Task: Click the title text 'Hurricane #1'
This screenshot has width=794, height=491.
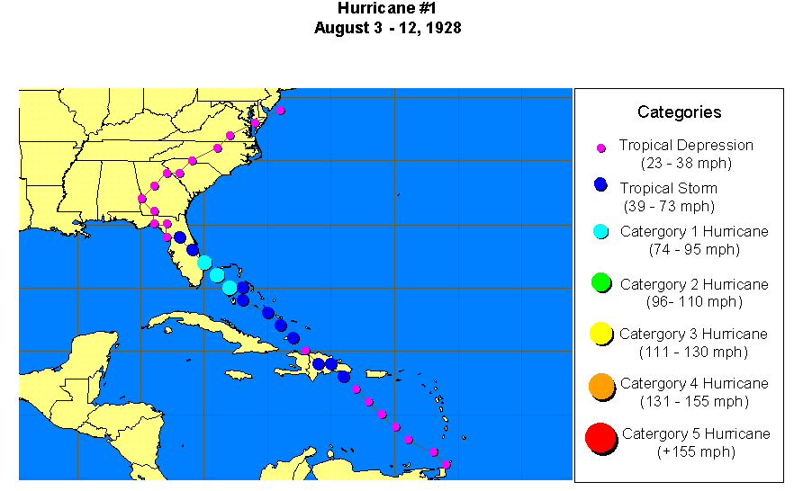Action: coord(388,9)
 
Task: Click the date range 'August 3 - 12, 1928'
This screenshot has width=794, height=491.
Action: coord(388,28)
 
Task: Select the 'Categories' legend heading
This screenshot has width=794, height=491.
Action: coord(679,112)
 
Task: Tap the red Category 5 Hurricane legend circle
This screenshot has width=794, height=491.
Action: coord(600,438)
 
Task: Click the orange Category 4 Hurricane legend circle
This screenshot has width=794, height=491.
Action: coord(601,387)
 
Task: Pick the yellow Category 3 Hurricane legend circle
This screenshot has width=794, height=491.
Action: coord(601,335)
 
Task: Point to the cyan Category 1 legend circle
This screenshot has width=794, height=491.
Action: coord(601,231)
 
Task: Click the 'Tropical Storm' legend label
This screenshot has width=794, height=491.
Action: coord(668,188)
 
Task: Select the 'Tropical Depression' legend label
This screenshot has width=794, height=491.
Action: coord(686,145)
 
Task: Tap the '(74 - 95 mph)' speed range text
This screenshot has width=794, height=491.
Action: coord(694,249)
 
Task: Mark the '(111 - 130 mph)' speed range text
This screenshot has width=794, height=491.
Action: coord(693,352)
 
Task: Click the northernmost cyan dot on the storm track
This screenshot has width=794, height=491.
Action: coord(204,263)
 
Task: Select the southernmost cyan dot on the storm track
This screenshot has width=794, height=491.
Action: coord(230,287)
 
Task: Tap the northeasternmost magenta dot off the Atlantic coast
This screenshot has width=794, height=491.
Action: coord(281,110)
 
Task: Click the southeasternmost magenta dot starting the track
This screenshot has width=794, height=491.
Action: coord(446,464)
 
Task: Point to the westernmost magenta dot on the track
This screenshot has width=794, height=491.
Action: coord(141,198)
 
